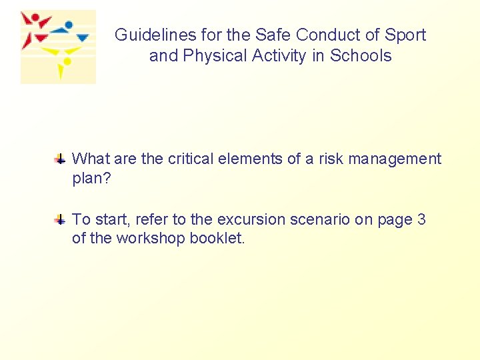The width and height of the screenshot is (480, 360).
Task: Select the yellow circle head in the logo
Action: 66,62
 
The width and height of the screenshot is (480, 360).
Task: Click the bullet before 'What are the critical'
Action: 60,159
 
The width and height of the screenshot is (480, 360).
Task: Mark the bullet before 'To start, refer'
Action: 60,219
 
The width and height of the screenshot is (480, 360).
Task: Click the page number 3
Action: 421,219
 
